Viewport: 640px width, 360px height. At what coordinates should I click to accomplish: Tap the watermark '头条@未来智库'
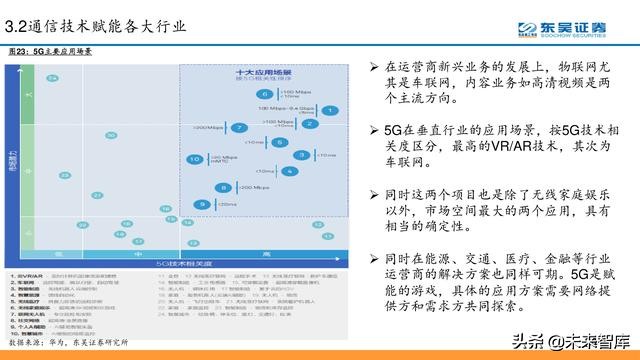pos(579,338)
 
